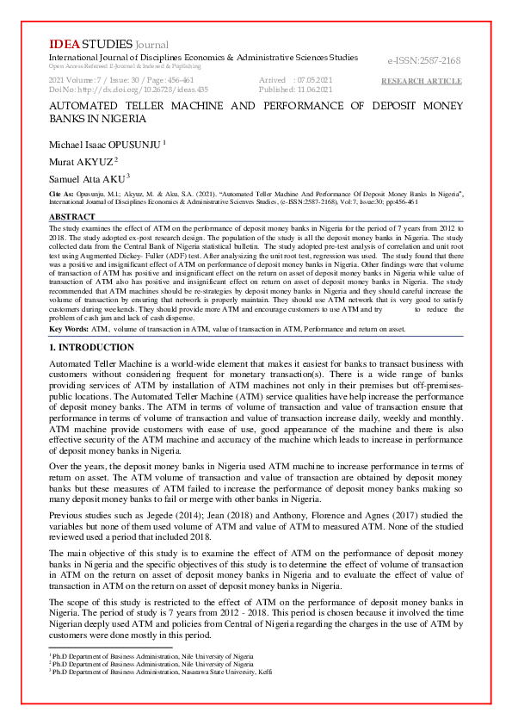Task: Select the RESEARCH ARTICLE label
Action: [x=422, y=81]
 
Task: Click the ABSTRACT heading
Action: [x=72, y=216]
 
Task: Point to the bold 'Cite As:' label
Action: [x=62, y=195]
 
